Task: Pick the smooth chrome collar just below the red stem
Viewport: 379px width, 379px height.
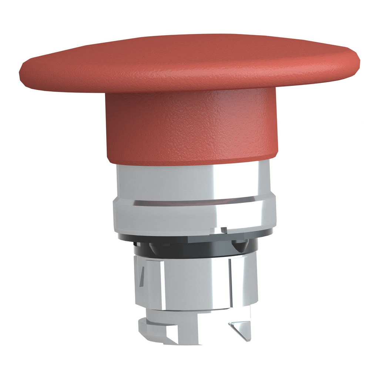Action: coord(192,181)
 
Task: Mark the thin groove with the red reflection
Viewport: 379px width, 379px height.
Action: coord(192,202)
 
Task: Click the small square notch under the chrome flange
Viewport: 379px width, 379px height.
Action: coord(224,230)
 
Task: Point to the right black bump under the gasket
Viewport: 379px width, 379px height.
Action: coord(240,245)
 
